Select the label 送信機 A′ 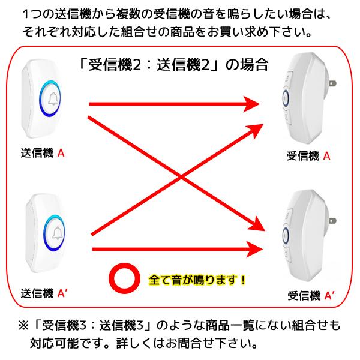[x=46, y=293]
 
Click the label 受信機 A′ [x=311, y=295]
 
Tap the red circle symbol [x=124, y=278]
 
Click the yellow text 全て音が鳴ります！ [x=197, y=279]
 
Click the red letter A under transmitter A [x=61, y=154]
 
